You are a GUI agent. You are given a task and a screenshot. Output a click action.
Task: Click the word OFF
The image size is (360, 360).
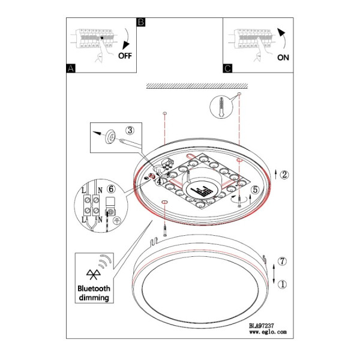(x=125, y=56)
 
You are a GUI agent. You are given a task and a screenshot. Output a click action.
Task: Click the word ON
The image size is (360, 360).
(x=283, y=58)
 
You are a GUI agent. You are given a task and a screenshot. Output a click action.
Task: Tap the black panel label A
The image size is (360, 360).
(x=71, y=68)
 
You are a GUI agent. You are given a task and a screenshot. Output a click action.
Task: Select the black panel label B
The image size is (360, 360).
(x=141, y=22)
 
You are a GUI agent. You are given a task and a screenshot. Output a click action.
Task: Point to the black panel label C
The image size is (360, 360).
(x=227, y=68)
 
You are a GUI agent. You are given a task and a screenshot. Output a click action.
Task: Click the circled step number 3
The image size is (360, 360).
(x=130, y=130)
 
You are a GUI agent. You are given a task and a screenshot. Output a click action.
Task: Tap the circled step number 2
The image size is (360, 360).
(x=284, y=175)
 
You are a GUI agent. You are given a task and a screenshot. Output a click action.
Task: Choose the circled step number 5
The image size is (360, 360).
(x=255, y=190)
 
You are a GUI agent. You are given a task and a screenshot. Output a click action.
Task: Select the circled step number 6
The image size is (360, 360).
(x=111, y=189)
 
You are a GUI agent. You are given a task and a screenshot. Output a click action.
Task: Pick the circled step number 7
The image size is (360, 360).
(x=282, y=261)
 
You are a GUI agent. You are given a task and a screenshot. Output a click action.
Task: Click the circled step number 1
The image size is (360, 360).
(x=282, y=284)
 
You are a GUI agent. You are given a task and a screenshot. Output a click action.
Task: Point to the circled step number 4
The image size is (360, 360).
(x=160, y=181)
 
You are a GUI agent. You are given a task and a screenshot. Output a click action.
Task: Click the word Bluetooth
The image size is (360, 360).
(x=94, y=289)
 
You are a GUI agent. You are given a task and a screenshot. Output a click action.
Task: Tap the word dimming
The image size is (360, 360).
(x=94, y=298)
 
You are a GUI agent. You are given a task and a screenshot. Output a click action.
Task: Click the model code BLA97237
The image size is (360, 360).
(x=262, y=326)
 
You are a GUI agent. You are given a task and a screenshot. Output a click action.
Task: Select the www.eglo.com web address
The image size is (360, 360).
(x=268, y=332)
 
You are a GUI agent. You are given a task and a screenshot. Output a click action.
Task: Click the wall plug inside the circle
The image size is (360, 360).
(x=221, y=107)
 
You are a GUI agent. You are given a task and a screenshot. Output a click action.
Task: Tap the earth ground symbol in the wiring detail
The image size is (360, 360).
(x=118, y=221)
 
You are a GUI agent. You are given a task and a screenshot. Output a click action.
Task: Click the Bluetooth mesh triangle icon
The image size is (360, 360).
(x=94, y=274)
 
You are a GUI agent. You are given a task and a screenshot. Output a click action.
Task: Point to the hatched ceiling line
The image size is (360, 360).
(x=197, y=86)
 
